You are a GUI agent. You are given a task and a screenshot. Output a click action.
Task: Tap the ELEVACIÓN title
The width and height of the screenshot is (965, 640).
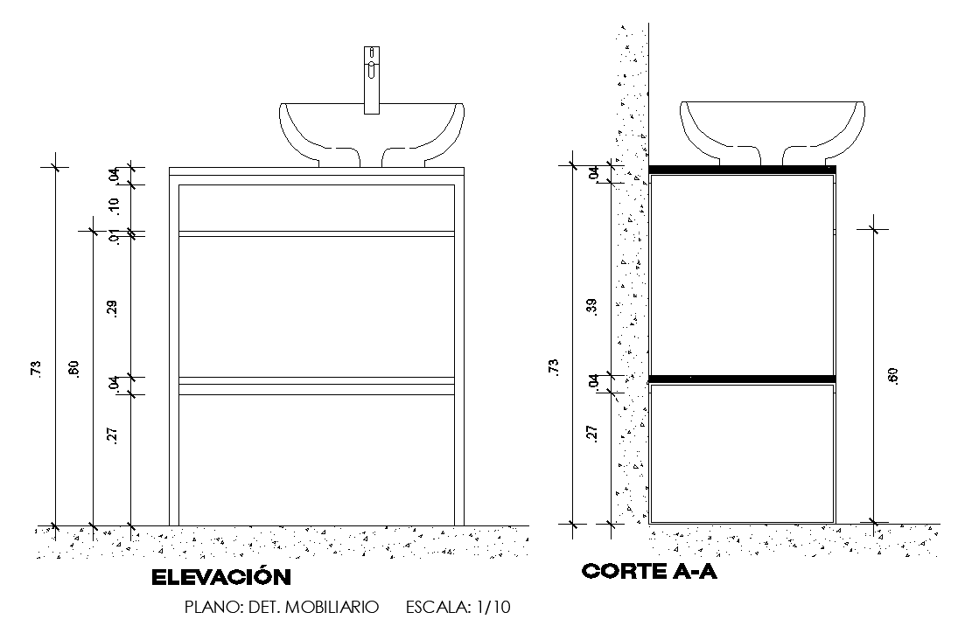[220, 578]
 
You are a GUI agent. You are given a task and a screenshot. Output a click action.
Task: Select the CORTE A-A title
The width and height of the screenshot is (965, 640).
[650, 573]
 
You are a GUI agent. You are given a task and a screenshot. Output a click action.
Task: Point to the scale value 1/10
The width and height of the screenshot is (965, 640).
[493, 607]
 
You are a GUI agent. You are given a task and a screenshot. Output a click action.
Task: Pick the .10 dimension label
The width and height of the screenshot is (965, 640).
[113, 205]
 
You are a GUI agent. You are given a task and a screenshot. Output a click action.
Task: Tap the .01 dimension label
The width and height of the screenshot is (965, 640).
[113, 237]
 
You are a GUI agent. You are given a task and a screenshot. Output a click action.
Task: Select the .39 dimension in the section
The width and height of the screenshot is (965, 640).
[592, 307]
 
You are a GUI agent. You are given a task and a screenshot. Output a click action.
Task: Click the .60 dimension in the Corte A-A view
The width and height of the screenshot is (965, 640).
[892, 375]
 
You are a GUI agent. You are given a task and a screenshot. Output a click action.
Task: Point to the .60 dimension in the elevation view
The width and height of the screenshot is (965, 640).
[74, 368]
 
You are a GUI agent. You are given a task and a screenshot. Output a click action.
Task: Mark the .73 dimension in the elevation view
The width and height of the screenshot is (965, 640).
[36, 368]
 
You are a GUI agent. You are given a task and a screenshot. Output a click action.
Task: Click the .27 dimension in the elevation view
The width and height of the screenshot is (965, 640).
[113, 435]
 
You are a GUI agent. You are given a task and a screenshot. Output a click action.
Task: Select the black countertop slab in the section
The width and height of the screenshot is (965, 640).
[743, 169]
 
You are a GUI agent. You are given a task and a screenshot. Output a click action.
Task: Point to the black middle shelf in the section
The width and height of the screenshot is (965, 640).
[743, 379]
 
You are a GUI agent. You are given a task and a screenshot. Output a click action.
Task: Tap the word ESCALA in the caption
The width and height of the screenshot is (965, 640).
[437, 607]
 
